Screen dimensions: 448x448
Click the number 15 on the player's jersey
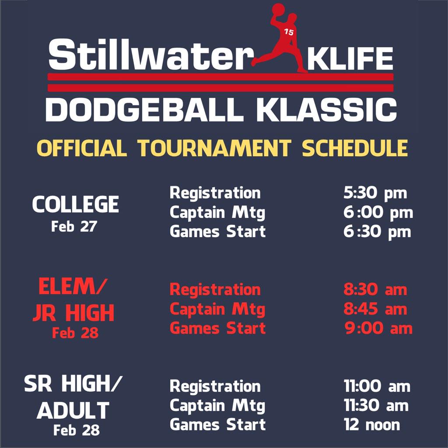tap(289, 31)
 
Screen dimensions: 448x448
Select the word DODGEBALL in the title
tap(144, 110)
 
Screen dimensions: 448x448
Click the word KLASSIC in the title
tap(326, 110)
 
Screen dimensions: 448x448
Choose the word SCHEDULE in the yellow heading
tap(355, 148)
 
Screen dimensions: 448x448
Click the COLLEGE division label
tap(75, 204)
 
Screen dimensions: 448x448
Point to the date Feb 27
tap(74, 227)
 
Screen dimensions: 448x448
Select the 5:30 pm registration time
tap(375, 193)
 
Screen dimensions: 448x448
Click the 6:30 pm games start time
tap(377, 231)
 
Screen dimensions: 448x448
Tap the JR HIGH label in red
tap(73, 313)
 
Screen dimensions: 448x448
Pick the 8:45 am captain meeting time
tap(375, 309)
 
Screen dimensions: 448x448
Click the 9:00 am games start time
tap(378, 328)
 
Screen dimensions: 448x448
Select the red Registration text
tap(215, 289)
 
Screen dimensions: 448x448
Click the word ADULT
tap(73, 410)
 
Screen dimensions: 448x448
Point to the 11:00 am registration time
tap(377, 386)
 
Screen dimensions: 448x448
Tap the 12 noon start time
tap(371, 425)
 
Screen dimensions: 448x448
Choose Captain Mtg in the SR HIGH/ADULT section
tap(217, 406)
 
